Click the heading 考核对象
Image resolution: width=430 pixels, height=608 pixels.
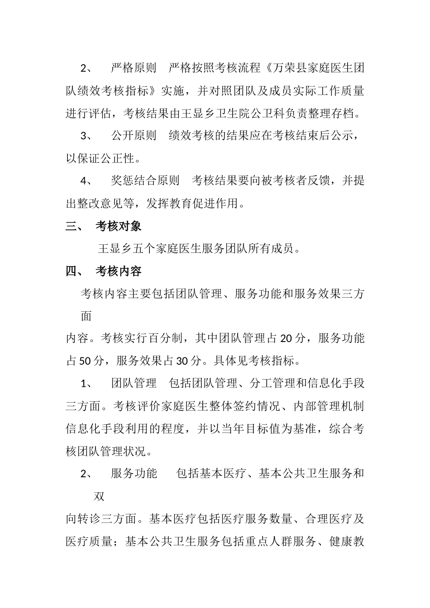119,226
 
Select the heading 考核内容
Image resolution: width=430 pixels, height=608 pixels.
119,271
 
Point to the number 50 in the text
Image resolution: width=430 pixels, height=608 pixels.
85,361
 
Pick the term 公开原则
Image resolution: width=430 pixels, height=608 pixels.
134,136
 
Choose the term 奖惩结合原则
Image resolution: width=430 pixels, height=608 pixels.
145,181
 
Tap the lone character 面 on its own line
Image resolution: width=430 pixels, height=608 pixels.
86,316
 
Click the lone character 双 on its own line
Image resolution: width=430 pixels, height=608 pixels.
99,496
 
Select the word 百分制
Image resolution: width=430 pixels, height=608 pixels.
166,339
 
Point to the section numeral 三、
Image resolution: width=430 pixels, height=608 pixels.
74,226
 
